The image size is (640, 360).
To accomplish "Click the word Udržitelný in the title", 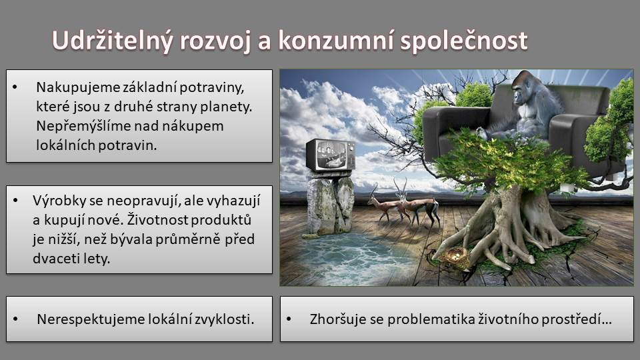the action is (x=112, y=41).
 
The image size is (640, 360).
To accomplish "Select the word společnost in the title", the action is (x=464, y=41).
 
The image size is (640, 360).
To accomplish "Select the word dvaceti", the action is (x=55, y=258).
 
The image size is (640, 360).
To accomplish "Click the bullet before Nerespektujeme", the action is (x=15, y=319).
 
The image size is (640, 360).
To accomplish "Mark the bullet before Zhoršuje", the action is (x=289, y=319).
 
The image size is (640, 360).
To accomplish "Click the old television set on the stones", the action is (x=330, y=155).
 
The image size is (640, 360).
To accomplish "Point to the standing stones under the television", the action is (x=330, y=204).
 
